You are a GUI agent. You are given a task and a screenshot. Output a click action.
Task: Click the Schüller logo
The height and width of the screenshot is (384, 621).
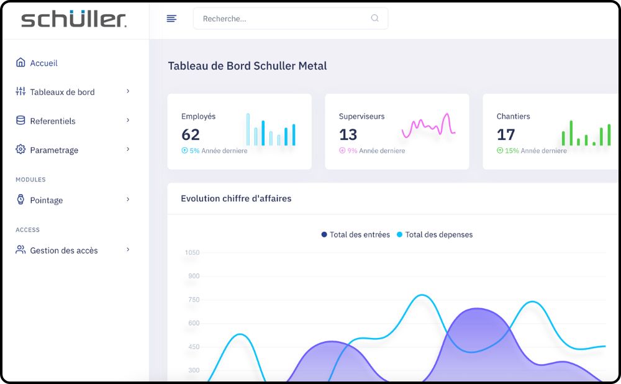(x=74, y=19)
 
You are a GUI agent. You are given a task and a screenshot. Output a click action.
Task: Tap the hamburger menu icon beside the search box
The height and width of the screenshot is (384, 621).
(x=171, y=19)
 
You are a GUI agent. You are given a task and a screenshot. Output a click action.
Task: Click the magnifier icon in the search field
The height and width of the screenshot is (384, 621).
(x=374, y=19)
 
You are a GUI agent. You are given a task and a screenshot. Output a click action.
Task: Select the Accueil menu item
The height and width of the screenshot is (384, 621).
(x=43, y=63)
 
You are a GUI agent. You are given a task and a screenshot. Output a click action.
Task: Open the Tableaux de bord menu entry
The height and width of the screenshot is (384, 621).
(x=62, y=92)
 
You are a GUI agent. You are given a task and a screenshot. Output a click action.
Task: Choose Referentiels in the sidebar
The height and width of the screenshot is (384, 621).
(x=53, y=121)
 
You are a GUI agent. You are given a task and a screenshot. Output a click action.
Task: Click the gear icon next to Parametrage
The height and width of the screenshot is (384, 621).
(x=20, y=150)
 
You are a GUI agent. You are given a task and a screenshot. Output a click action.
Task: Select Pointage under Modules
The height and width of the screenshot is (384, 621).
(x=46, y=200)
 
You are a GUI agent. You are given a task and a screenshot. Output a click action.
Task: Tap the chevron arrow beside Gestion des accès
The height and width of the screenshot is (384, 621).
(x=128, y=250)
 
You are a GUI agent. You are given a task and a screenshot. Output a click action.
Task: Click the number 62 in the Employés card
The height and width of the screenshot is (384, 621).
(x=191, y=134)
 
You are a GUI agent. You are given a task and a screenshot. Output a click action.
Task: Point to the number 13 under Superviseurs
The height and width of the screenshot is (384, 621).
(x=348, y=134)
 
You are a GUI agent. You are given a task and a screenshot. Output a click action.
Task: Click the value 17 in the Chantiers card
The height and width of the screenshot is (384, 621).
(x=506, y=134)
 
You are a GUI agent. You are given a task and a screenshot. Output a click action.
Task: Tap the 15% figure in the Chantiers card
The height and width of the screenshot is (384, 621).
(x=512, y=151)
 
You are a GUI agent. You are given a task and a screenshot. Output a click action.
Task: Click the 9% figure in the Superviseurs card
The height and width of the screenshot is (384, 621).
(x=352, y=151)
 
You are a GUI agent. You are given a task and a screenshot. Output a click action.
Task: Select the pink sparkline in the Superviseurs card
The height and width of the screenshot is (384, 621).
(x=428, y=126)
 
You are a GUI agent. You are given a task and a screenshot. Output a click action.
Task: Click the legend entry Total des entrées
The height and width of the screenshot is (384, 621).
(x=360, y=235)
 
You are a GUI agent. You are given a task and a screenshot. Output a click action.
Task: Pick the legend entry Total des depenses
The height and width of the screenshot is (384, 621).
(x=438, y=235)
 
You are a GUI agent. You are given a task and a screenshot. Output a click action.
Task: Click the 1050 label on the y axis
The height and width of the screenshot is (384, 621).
(x=192, y=252)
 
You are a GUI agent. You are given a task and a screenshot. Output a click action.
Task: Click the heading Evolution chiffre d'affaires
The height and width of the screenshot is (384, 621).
(x=236, y=199)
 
